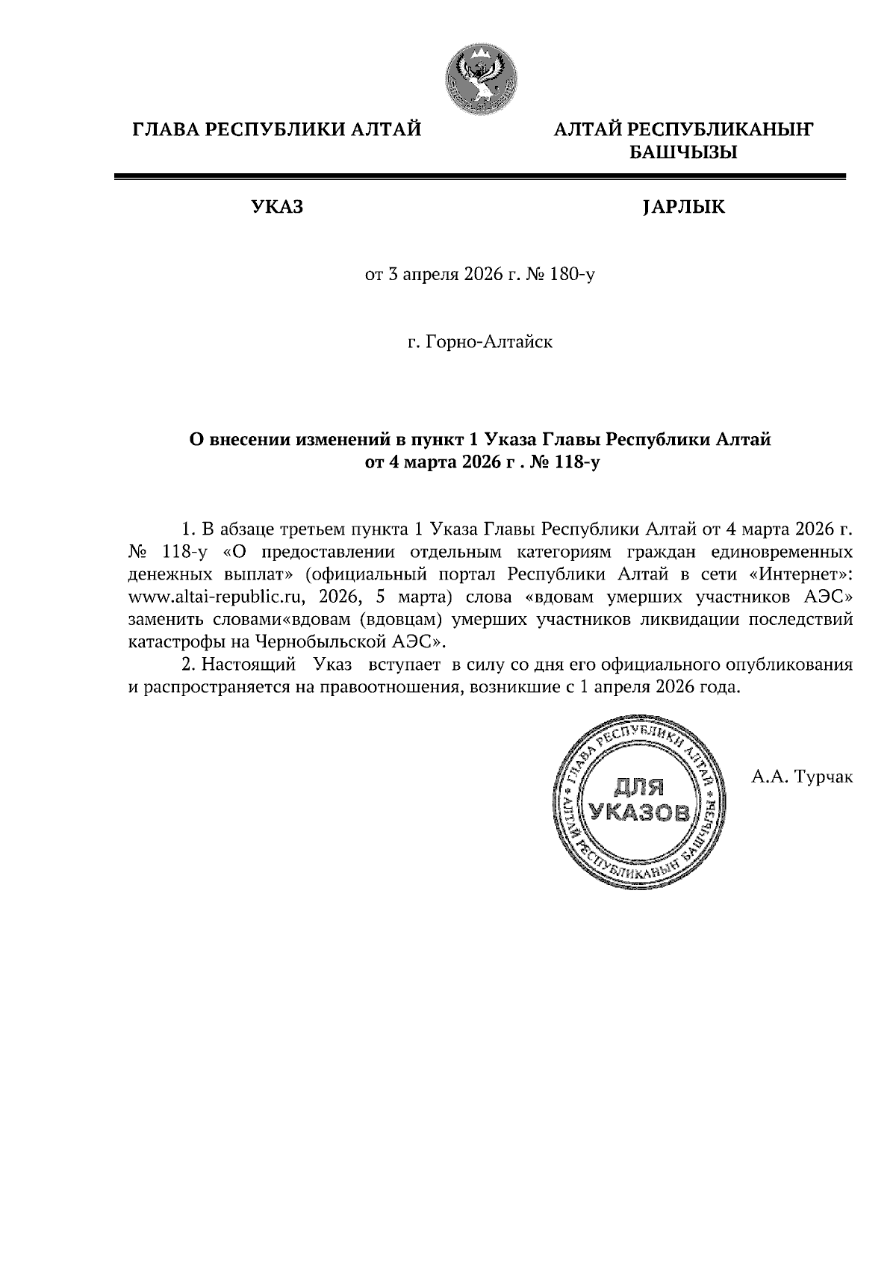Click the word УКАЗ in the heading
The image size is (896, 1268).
click(x=276, y=207)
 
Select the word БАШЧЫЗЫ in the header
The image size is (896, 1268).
click(x=683, y=154)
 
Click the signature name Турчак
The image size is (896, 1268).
click(x=824, y=777)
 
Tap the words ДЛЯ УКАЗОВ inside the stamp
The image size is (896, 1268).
click(x=638, y=799)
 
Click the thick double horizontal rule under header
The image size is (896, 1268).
click(x=479, y=177)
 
